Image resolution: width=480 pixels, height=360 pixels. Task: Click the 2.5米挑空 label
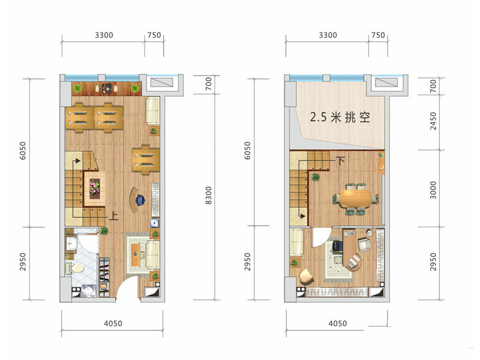(x=340, y=117)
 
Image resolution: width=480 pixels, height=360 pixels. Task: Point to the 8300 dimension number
(x=208, y=196)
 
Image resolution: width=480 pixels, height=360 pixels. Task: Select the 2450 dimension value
(x=433, y=121)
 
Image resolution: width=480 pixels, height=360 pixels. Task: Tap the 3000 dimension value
(x=433, y=190)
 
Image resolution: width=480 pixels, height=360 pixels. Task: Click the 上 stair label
(x=113, y=216)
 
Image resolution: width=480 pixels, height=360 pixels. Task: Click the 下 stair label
(x=340, y=161)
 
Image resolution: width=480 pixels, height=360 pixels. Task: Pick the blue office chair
(x=140, y=200)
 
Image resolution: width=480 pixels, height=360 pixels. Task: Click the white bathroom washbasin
(x=71, y=244)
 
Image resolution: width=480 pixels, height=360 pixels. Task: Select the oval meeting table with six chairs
(x=355, y=199)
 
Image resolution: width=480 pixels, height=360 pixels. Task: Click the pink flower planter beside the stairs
(x=94, y=187)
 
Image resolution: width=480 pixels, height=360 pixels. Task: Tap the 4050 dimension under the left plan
(x=113, y=323)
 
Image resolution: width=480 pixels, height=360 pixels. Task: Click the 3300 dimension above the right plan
(x=328, y=35)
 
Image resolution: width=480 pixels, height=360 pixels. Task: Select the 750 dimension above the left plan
(x=154, y=35)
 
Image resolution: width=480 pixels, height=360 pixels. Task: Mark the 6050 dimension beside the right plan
(x=247, y=151)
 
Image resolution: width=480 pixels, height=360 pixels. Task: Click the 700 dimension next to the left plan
(x=208, y=83)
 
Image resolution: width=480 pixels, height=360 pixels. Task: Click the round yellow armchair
(x=306, y=276)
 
